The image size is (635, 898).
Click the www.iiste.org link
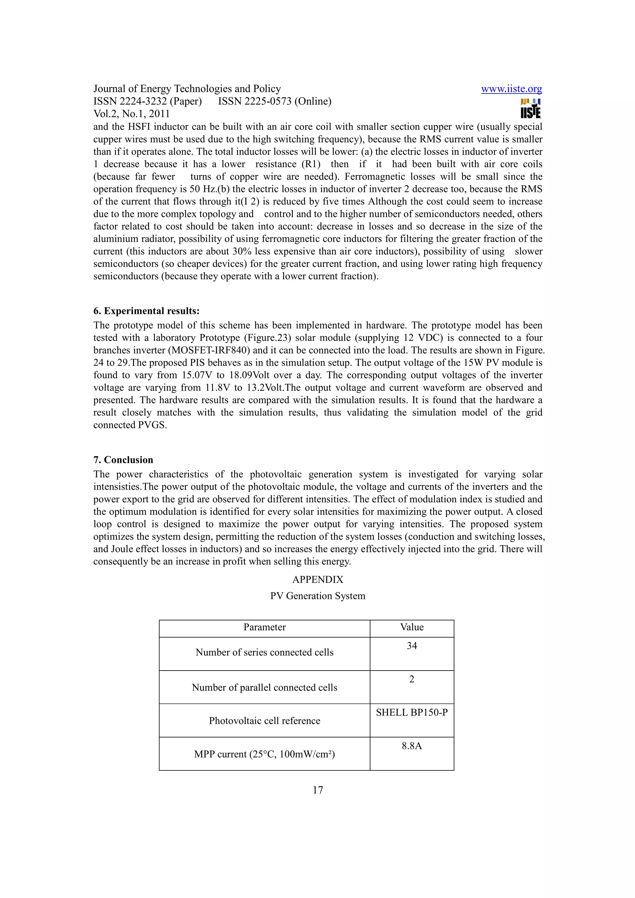511,89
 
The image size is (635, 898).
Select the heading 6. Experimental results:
146,311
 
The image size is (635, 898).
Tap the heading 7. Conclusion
123,460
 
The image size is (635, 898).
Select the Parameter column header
264,627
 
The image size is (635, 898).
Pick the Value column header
411,627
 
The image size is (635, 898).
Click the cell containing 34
411,646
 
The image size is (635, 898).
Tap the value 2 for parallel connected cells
411,679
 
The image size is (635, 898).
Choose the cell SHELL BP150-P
411,713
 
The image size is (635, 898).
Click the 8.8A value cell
411,746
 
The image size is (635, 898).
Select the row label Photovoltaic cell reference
264,721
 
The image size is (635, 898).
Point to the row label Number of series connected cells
264,652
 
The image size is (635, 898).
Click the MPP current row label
264,755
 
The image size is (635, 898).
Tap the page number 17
318,790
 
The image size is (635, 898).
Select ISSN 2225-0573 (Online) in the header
274,101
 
